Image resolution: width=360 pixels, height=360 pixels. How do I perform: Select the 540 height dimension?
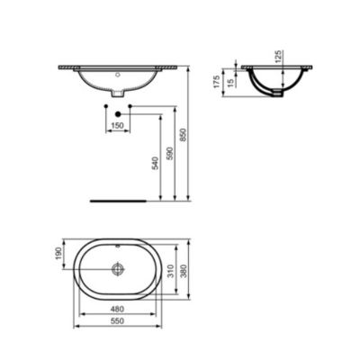[156, 163]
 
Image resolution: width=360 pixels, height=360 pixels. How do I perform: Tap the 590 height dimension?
[167, 159]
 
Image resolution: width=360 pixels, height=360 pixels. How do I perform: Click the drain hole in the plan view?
[118, 268]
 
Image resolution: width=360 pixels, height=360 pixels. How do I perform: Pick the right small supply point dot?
[131, 108]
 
